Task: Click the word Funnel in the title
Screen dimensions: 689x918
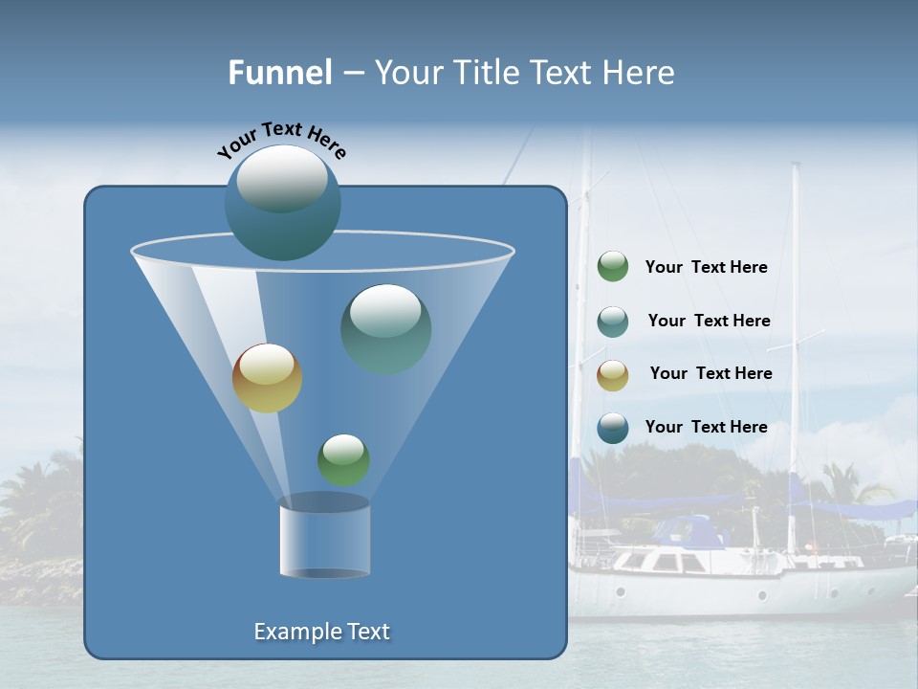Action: (x=279, y=73)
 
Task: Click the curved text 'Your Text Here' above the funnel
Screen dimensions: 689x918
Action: (x=282, y=140)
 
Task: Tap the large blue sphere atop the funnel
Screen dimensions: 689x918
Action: (x=282, y=202)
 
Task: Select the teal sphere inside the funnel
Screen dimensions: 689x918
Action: (x=386, y=328)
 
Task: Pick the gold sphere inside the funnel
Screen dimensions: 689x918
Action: (x=267, y=378)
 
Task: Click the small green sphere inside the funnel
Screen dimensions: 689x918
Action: (x=343, y=459)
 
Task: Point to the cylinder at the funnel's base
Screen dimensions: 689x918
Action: (x=324, y=538)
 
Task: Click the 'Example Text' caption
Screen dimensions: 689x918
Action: (x=322, y=632)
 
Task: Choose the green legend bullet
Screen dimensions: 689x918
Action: (x=612, y=267)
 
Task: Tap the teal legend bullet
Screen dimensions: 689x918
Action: (x=612, y=321)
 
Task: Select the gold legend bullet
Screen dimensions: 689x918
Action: (x=612, y=374)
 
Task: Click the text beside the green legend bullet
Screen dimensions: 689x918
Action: (x=706, y=268)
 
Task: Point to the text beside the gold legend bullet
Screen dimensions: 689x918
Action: (x=710, y=373)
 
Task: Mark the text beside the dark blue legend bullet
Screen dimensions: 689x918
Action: (x=706, y=427)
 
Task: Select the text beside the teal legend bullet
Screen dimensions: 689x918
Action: (x=709, y=321)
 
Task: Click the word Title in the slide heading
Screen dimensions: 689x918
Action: (x=485, y=73)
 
